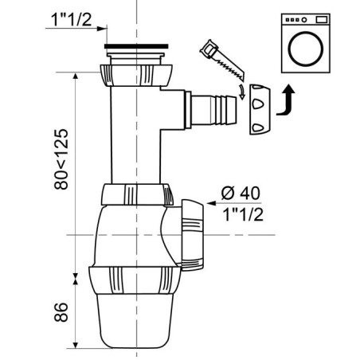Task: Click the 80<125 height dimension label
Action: click(x=61, y=159)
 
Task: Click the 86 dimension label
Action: click(x=61, y=312)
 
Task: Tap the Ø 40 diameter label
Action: click(x=241, y=193)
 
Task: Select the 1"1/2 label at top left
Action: click(x=71, y=19)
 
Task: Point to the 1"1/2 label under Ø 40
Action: click(x=243, y=214)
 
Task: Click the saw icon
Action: click(x=222, y=61)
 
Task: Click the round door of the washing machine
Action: click(x=305, y=49)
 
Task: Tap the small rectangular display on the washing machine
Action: click(x=322, y=19)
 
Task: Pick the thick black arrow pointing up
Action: click(x=286, y=100)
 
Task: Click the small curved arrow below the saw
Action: click(x=241, y=92)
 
